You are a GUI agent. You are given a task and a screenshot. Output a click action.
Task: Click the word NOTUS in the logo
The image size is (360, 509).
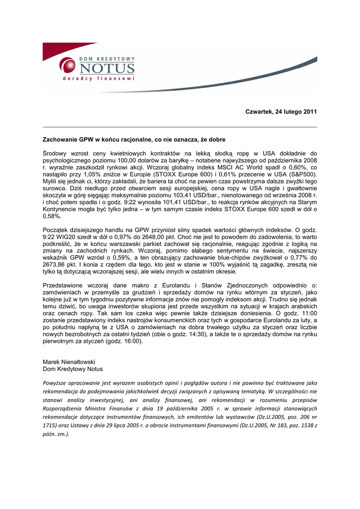click(106, 68)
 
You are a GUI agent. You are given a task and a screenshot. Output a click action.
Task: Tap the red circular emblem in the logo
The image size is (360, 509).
click(68, 65)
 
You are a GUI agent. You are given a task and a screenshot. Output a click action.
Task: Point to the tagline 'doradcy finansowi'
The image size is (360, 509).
click(98, 79)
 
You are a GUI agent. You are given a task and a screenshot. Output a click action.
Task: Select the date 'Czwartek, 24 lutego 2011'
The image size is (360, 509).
click(281, 111)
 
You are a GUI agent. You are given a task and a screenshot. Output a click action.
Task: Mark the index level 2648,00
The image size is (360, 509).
click(138, 238)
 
